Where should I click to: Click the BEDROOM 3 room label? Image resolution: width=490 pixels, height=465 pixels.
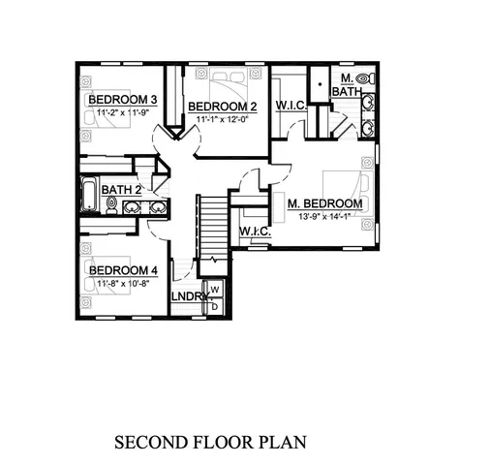(123, 101)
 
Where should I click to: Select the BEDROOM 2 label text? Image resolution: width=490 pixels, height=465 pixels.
(222, 107)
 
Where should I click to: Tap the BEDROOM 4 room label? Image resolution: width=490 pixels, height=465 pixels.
(123, 270)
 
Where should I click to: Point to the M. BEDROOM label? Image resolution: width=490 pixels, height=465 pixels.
(324, 204)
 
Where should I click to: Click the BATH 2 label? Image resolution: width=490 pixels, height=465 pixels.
(122, 190)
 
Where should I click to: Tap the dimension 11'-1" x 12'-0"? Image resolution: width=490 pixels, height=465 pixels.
(221, 119)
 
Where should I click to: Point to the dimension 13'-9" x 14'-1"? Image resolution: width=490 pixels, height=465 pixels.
(325, 218)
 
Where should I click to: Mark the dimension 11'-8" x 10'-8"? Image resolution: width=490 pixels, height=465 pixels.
(122, 284)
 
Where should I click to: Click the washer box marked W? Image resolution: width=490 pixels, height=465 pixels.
(215, 290)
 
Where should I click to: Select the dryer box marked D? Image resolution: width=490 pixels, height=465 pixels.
(215, 306)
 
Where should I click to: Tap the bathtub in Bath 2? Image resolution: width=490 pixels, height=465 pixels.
(88, 196)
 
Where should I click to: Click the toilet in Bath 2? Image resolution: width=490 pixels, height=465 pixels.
(111, 204)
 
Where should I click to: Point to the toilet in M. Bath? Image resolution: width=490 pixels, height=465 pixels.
(364, 77)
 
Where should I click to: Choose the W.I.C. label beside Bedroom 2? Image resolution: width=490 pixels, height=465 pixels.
(291, 105)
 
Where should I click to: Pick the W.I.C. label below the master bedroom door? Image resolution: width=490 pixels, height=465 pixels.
(254, 232)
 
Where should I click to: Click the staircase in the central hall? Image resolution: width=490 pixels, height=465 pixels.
(212, 227)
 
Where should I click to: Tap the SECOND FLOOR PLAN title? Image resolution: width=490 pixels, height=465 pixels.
(210, 442)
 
